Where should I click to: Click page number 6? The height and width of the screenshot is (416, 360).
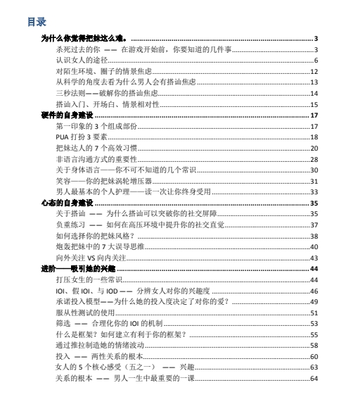(316, 60)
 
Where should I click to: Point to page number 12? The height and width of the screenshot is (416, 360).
(315, 71)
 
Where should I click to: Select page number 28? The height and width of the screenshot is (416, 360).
(315, 158)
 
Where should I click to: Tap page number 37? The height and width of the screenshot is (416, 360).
(315, 225)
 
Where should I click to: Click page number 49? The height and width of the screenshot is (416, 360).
(315, 302)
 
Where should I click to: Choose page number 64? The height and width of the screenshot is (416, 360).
(315, 379)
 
